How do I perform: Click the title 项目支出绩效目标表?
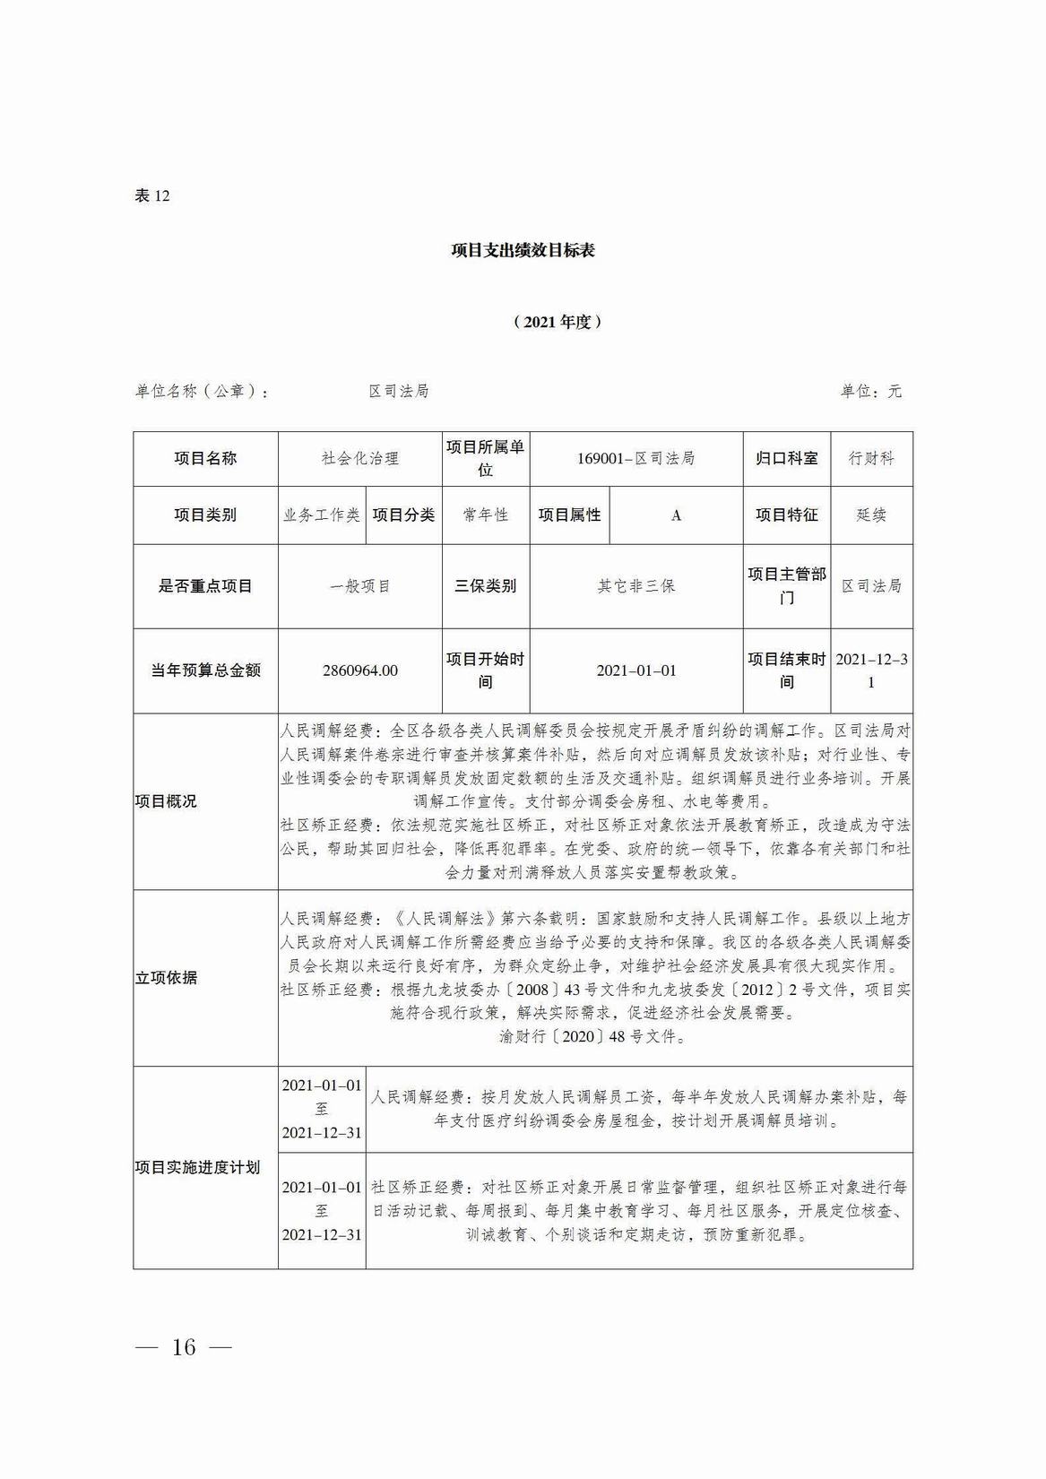(523, 250)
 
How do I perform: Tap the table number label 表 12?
(151, 195)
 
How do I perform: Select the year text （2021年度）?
(557, 322)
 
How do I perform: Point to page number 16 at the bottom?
(183, 1346)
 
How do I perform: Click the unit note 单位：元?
(870, 391)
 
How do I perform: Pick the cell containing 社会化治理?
(359, 458)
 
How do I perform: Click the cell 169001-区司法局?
(635, 458)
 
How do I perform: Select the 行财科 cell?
(871, 458)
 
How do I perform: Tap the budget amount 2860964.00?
(359, 670)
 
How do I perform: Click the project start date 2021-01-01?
(635, 670)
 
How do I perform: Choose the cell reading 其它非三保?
(635, 586)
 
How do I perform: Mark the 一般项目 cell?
(359, 586)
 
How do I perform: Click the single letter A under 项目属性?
(676, 515)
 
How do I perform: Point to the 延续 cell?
(871, 515)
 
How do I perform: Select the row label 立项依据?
(166, 978)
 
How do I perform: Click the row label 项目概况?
(166, 801)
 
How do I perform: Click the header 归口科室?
(786, 458)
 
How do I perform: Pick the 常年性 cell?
(485, 515)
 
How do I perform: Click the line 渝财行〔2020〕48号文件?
(594, 1037)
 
